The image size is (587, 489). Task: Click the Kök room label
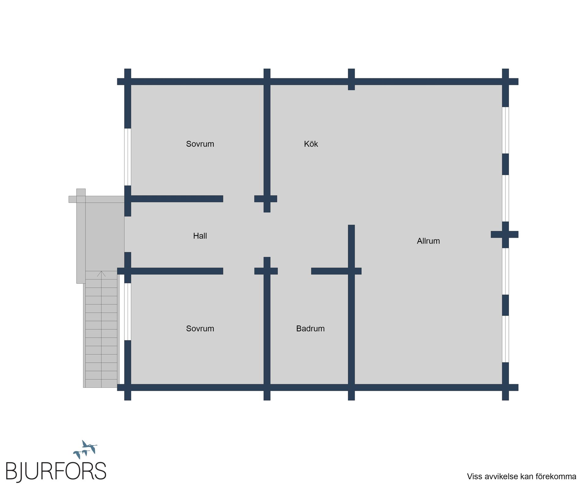[311, 144]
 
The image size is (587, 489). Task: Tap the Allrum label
[428, 241]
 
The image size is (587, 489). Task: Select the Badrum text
[310, 329]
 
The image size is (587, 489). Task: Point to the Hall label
[200, 236]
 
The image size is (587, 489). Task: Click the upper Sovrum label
[200, 144]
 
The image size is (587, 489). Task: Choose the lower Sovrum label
[200, 329]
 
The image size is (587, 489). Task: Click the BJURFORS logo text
[56, 471]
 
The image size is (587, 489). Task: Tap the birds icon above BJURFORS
[85, 449]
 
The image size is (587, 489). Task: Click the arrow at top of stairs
[101, 274]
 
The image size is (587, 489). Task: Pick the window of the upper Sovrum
[127, 157]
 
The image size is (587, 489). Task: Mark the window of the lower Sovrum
[127, 311]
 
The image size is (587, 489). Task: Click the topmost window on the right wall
[505, 130]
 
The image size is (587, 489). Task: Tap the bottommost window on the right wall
[505, 339]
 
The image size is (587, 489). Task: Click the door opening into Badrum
[294, 271]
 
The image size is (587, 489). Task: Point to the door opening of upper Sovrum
[239, 199]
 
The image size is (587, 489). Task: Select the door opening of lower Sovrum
[239, 271]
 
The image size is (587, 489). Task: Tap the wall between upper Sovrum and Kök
[267, 141]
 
